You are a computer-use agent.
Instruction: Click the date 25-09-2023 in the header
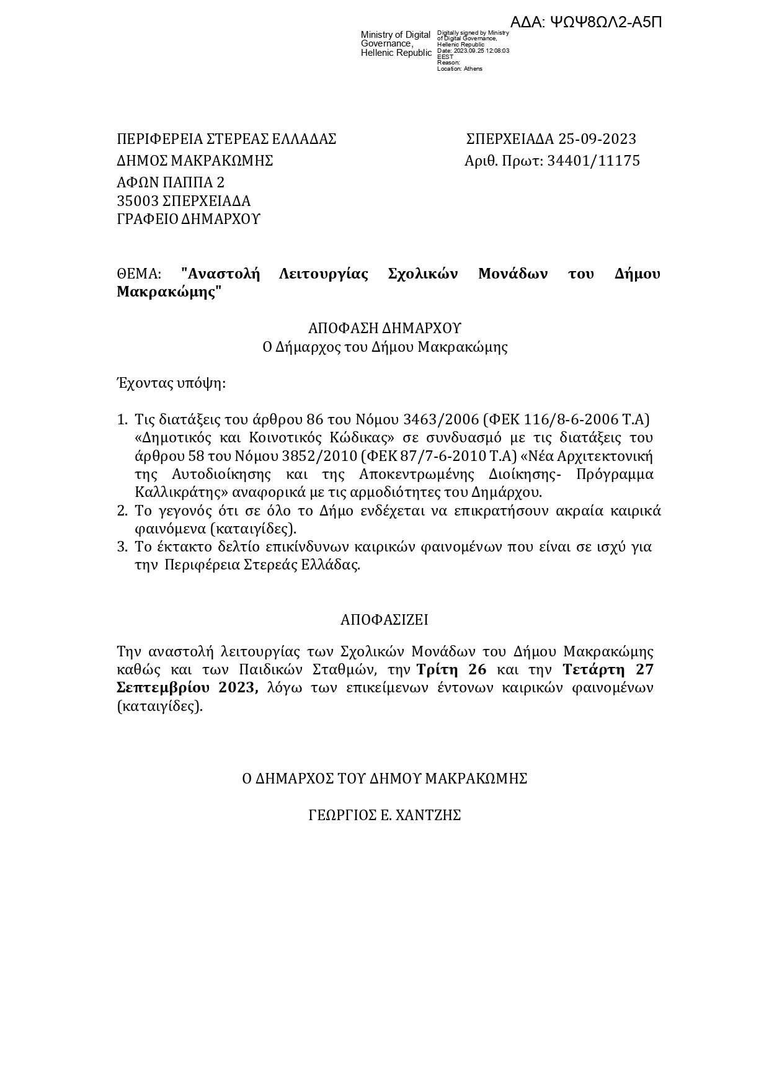click(x=597, y=139)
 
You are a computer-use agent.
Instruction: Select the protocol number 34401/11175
click(x=593, y=161)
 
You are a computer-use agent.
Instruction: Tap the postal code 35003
click(x=138, y=201)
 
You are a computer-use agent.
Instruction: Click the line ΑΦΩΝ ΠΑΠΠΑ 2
click(x=171, y=182)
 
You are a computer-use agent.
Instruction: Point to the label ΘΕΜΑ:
click(x=139, y=274)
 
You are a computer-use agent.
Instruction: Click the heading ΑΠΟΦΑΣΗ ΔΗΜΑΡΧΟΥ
click(x=384, y=328)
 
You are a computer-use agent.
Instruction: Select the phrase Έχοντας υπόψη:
click(x=171, y=383)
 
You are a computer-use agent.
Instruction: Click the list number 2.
click(x=122, y=511)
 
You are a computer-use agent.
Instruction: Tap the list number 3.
click(x=122, y=547)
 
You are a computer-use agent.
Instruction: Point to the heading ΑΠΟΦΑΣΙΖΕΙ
click(x=384, y=620)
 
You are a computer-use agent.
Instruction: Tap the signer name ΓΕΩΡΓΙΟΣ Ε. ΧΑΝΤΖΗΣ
click(x=384, y=816)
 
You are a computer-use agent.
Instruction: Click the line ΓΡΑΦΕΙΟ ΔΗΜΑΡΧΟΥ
click(x=189, y=219)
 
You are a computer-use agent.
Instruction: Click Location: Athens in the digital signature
click(x=460, y=69)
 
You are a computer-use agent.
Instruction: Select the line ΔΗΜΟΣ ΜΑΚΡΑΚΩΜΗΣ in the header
click(x=195, y=161)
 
